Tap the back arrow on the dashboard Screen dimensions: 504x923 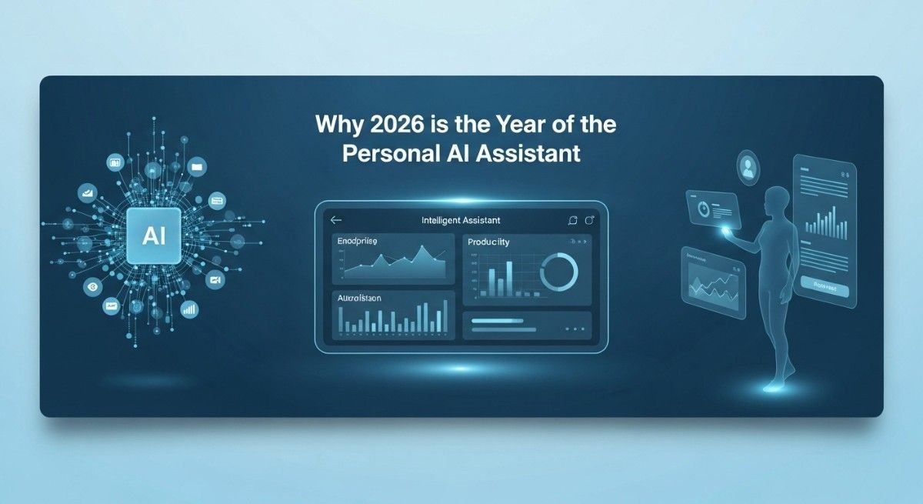[335, 220]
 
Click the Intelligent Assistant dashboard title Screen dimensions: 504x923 [461, 221]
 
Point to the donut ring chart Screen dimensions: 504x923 [559, 273]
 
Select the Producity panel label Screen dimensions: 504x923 [488, 242]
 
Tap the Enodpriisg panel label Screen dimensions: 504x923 [362, 242]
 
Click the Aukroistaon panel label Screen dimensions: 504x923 [359, 297]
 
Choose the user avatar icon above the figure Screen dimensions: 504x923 [747, 166]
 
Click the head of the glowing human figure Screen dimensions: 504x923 [776, 196]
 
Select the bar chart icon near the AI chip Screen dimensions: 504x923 [188, 309]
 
